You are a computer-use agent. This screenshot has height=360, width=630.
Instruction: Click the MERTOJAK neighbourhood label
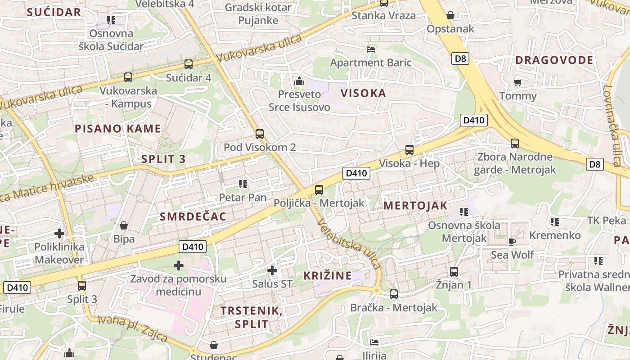pos(415,206)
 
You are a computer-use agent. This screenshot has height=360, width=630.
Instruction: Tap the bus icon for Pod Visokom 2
pos(260,134)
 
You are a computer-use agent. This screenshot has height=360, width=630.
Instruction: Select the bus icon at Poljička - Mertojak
pos(319,189)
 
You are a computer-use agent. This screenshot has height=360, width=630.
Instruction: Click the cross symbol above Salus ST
pos(272,270)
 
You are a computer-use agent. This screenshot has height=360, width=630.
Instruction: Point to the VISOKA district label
pos(363,93)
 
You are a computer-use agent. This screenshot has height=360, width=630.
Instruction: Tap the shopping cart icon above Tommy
pos(518,82)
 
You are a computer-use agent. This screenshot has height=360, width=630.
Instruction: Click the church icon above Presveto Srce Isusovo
pos(299,81)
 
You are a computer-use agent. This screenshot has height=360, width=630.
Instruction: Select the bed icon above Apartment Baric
pos(371,49)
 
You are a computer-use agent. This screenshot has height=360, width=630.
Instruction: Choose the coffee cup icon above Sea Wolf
pos(512,241)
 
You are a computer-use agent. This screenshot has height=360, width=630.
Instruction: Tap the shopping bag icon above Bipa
pos(124,225)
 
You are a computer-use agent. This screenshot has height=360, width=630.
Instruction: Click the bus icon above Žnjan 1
pos(454,271)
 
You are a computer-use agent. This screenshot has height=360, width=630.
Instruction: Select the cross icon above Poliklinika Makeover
pos(59,234)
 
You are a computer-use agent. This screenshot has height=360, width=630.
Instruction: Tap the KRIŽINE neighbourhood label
pos(327,276)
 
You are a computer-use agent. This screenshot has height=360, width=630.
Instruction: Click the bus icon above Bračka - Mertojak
pos(394,294)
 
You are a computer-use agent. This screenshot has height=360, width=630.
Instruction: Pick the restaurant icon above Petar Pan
pos(243,184)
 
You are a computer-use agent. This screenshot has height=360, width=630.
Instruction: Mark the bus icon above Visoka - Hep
pos(409,149)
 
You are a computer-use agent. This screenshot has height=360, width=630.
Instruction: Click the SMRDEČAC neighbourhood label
pos(193,216)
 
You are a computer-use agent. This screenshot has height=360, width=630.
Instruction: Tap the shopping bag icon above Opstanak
pos(450,15)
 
